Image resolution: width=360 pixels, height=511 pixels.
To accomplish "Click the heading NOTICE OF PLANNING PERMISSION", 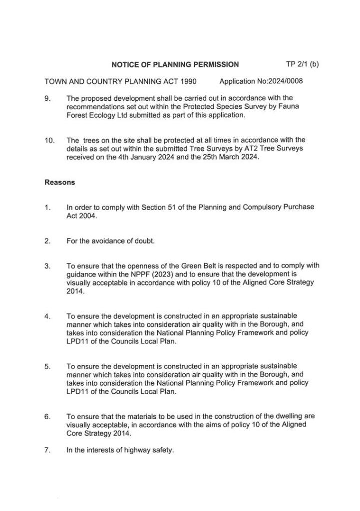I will (175, 64).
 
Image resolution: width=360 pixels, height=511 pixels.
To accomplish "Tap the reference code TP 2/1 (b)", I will (302, 64).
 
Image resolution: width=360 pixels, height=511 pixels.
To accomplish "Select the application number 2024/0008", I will (286, 81).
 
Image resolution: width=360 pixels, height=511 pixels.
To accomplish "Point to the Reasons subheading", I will (60, 182).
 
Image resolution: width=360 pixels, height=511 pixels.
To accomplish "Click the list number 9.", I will (47, 98).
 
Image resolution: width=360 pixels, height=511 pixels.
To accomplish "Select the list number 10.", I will (49, 140).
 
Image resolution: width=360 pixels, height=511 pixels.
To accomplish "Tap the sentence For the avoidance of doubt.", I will (110, 241).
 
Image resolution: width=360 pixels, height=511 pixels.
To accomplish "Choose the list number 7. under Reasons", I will (47, 450).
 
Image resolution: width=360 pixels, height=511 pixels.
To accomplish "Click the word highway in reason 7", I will (130, 450).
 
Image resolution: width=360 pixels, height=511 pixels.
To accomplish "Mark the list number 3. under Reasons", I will (47, 266).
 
